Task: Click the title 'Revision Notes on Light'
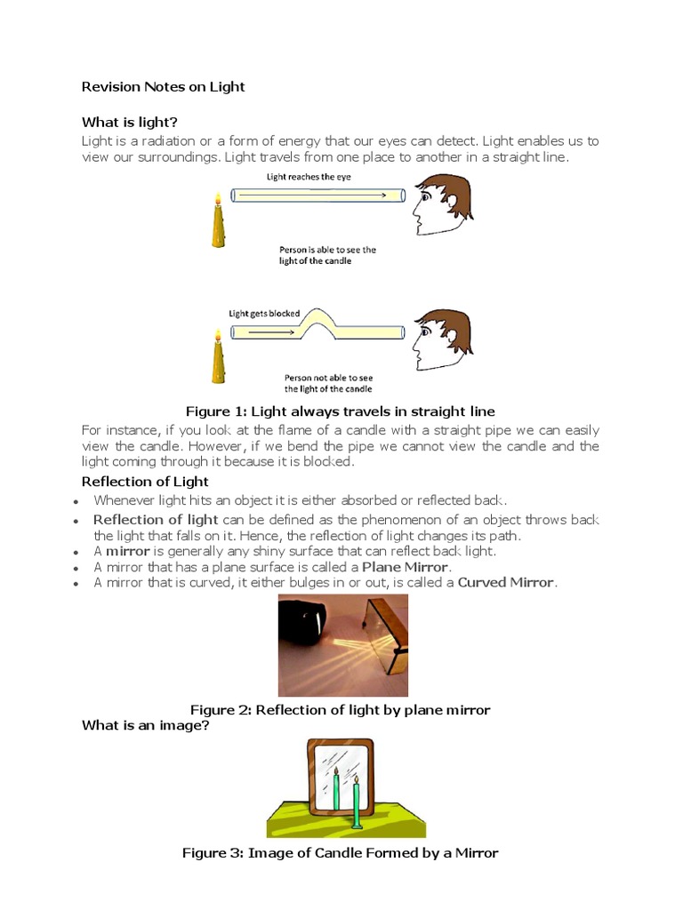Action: coord(163,87)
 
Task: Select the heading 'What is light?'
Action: coord(136,123)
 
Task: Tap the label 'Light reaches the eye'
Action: coord(309,178)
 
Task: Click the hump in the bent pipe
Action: coord(317,320)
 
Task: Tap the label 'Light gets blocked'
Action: coord(264,313)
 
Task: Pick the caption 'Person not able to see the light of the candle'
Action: coord(328,382)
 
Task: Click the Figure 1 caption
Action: coord(340,411)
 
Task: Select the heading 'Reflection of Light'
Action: coord(145,482)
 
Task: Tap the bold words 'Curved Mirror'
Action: coord(505,583)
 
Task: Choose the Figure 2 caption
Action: coord(341,710)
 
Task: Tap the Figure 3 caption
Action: coord(340,853)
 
